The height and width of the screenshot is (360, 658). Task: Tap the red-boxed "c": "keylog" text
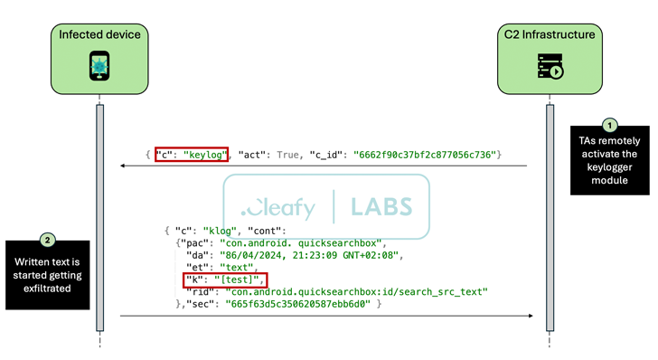pyautogui.click(x=191, y=156)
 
